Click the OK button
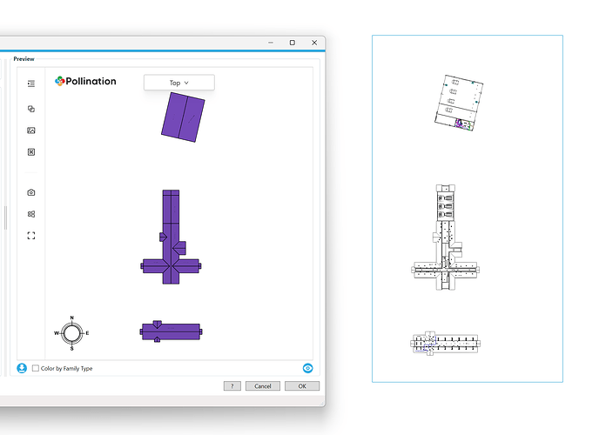click(302, 386)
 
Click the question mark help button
click(232, 386)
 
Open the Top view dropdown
click(179, 83)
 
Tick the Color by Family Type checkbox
click(36, 368)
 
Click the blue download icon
click(22, 368)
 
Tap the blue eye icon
click(308, 368)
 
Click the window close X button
click(314, 43)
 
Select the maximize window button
click(293, 43)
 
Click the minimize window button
click(271, 43)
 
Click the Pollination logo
click(85, 81)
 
